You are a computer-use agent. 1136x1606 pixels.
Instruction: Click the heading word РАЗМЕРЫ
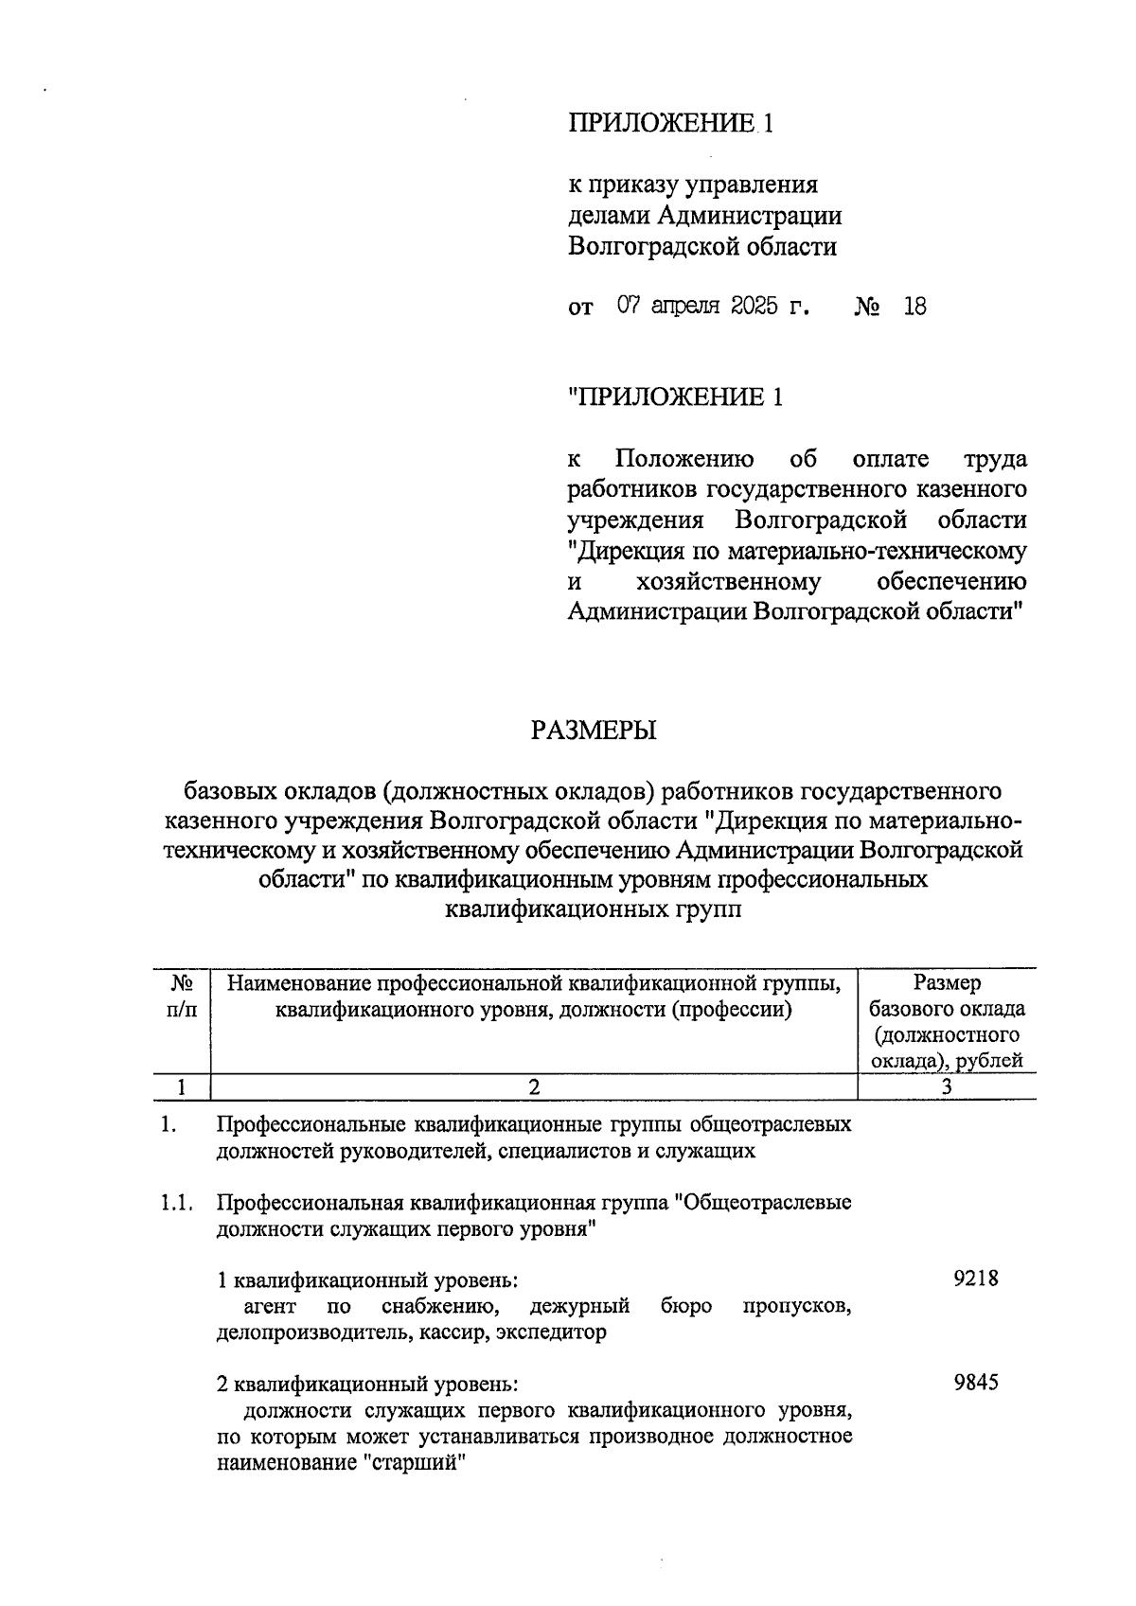pos(594,731)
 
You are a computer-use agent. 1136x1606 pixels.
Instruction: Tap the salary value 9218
pos(976,1280)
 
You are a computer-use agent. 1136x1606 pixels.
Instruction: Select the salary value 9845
pos(976,1383)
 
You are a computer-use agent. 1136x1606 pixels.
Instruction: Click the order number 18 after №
pos(914,307)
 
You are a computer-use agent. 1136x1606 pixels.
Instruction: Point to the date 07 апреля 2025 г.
pos(714,307)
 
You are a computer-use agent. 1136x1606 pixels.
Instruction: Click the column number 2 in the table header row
pos(534,1087)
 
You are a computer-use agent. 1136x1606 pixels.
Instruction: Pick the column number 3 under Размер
pos(946,1087)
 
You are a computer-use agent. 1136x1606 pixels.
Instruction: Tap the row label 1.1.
pos(177,1204)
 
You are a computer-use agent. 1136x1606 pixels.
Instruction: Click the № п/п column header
pos(183,997)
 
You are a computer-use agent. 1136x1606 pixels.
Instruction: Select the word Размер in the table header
pos(947,983)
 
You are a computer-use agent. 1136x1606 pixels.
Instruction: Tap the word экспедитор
pos(554,1332)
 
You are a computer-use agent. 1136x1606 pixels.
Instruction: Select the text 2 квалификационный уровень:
pos(367,1385)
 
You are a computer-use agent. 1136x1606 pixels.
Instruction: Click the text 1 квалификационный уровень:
pos(367,1281)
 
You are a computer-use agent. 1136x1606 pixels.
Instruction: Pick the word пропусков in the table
pos(797,1307)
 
